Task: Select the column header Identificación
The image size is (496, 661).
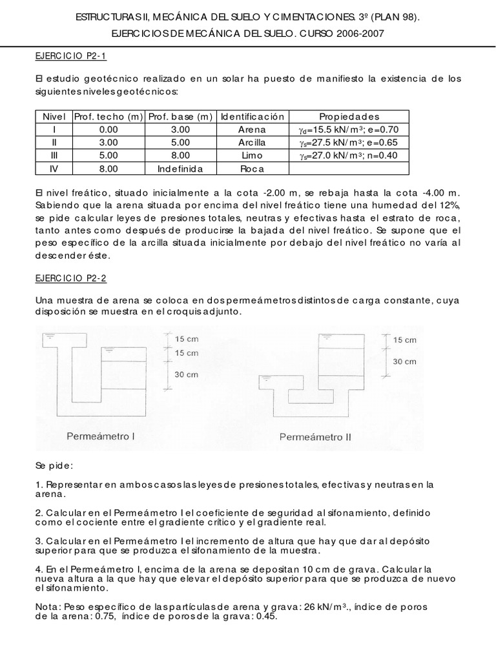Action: (x=252, y=117)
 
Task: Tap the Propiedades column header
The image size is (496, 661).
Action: (x=349, y=117)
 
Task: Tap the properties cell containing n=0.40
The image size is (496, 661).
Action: (x=349, y=155)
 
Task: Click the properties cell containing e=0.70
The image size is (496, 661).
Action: (x=349, y=129)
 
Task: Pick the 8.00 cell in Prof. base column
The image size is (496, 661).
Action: (x=180, y=155)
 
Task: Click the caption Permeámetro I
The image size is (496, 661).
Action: (x=101, y=436)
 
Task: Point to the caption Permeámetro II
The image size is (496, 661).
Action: (x=315, y=436)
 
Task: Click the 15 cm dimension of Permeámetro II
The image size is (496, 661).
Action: (x=405, y=340)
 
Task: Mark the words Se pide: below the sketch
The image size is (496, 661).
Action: (x=55, y=465)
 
